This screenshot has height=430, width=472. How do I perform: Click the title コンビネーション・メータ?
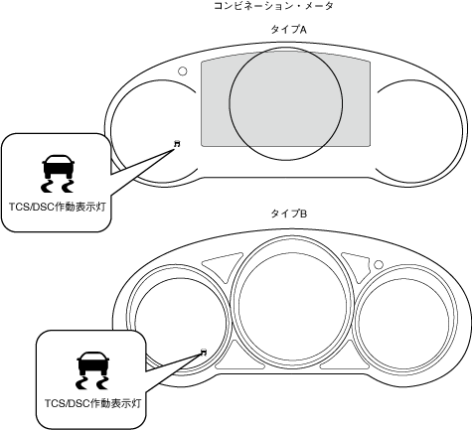pos(273,6)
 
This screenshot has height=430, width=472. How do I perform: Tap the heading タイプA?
pos(289,30)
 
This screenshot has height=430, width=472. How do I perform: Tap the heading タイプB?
pos(289,214)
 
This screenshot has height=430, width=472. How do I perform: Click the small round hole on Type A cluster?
pos(183,71)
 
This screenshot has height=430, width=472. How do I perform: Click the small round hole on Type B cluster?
pos(379,265)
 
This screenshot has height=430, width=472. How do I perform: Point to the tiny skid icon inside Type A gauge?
pos(178,144)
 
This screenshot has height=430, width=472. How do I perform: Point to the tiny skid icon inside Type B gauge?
pos(204,352)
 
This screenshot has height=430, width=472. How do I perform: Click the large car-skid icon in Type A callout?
pos(58,173)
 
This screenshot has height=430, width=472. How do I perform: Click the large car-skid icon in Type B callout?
pos(92,370)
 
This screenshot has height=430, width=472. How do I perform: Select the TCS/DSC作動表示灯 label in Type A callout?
pos(58,207)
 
